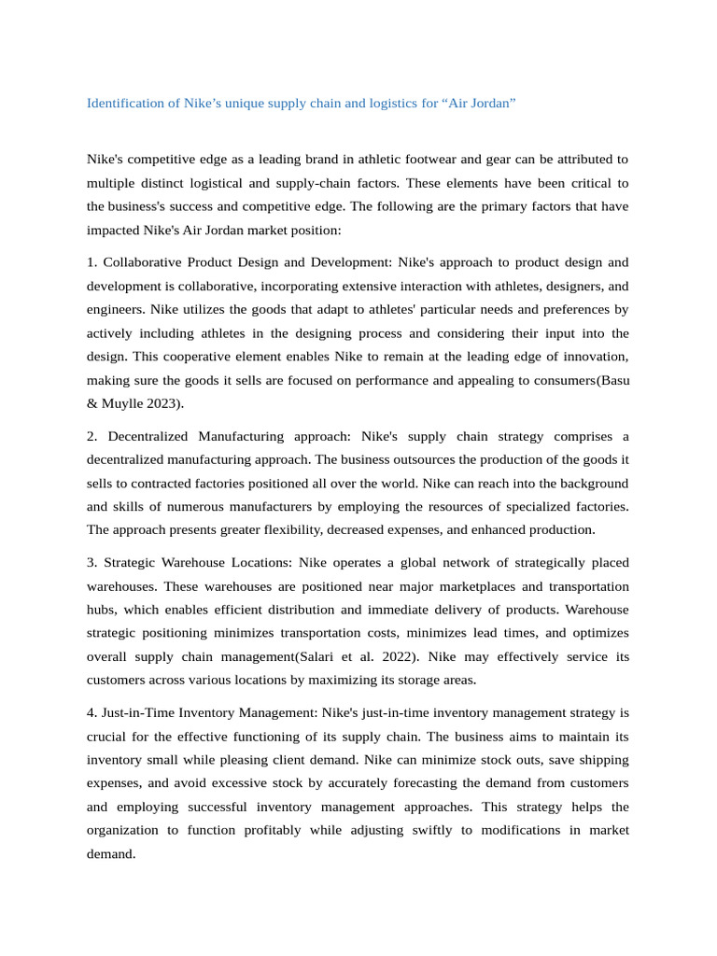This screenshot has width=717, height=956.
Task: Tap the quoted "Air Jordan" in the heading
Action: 479,103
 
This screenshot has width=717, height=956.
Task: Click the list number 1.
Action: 91,262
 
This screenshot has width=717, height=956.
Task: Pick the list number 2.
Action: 91,436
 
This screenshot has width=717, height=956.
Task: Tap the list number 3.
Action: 91,562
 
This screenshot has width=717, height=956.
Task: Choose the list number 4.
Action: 91,712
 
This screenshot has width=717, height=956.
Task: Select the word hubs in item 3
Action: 102,609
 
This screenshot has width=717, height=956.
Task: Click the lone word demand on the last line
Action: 110,852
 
